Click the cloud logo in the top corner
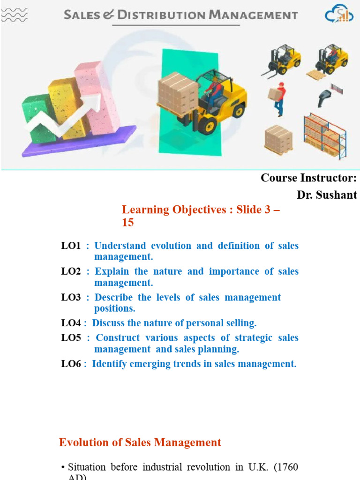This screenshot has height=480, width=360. point(339,14)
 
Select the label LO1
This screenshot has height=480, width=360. point(71,246)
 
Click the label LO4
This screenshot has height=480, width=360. point(71,323)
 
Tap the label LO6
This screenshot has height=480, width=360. point(71,364)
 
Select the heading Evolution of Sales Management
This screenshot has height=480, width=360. point(140,442)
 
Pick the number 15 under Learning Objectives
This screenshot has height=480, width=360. point(127,223)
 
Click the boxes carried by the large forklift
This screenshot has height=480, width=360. point(177,91)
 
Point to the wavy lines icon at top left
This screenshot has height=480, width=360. point(14,15)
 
